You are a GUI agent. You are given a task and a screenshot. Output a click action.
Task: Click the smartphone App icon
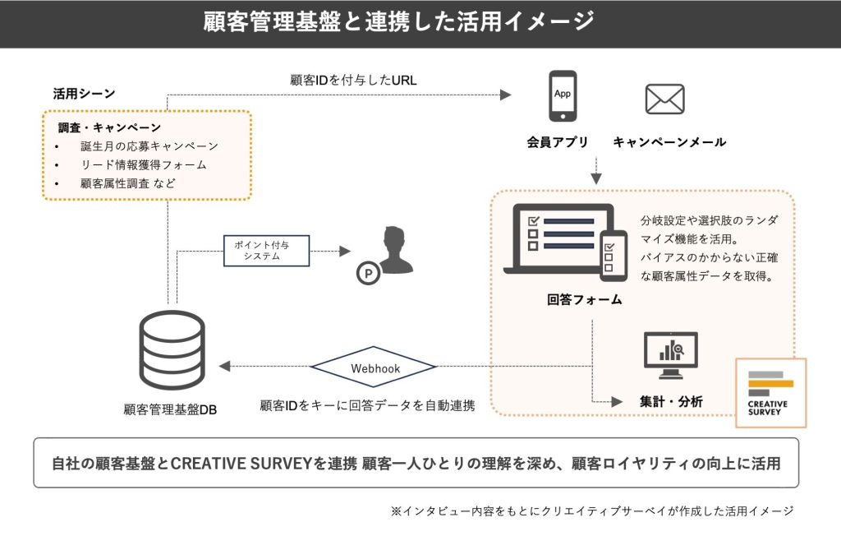tap(563, 98)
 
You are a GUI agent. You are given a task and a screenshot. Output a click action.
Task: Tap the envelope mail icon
tap(664, 99)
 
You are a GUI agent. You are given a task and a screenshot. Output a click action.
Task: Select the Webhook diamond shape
tap(375, 368)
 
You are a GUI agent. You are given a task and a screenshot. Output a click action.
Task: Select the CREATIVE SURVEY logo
tap(770, 393)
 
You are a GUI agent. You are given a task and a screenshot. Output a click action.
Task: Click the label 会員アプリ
tap(558, 142)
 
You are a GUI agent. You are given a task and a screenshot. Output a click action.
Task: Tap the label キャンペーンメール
tap(669, 142)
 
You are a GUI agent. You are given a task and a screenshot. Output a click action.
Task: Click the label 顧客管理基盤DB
tap(170, 409)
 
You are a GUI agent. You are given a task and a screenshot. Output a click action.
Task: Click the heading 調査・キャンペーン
tap(109, 128)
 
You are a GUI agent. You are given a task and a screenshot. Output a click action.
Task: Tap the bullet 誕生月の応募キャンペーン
tap(149, 146)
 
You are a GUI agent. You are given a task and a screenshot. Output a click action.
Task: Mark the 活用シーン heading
tap(84, 94)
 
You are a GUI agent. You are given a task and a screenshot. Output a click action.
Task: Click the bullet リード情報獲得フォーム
tap(144, 165)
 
